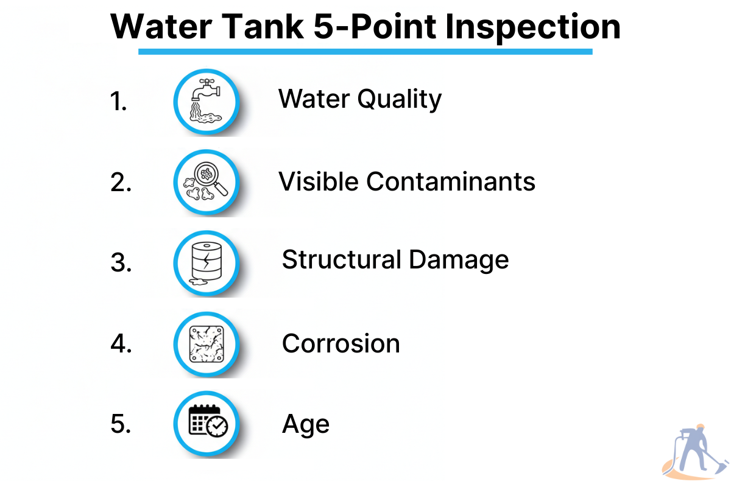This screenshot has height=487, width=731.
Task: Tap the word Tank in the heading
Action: click(264, 26)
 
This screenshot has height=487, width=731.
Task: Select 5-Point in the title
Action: click(375, 26)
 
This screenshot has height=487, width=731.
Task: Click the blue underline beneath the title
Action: click(365, 52)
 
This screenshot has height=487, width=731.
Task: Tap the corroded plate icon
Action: click(207, 344)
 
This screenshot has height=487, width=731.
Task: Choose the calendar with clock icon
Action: click(208, 421)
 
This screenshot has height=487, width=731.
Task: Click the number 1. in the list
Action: click(118, 101)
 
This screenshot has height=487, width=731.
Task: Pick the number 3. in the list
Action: click(121, 262)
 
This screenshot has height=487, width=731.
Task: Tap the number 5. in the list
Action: click(121, 424)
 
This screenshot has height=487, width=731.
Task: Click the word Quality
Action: click(400, 99)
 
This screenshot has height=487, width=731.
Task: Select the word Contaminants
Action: click(451, 181)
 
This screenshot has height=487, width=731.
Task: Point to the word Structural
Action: click(341, 260)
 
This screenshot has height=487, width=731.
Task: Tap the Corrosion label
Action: click(341, 344)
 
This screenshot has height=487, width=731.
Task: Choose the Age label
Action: click(306, 425)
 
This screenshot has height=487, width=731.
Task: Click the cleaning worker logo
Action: click(695, 452)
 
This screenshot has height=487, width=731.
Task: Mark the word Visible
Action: click(318, 181)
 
